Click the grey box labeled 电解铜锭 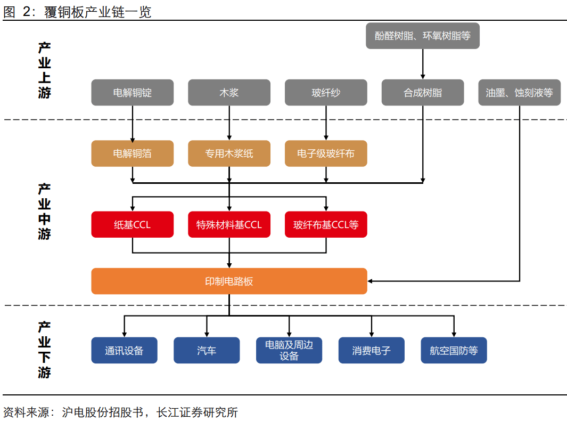[133, 93]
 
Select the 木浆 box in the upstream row [229, 93]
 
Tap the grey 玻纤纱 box [326, 93]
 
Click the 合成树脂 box [423, 93]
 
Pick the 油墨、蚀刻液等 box [519, 93]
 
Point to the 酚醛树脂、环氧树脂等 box [423, 36]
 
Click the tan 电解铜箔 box [133, 153]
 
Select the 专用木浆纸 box [229, 153]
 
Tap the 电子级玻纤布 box [326, 153]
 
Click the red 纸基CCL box [133, 224]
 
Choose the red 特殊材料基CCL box [229, 224]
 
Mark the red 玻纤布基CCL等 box [326, 224]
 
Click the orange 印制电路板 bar [229, 281]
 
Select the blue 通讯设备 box [124, 351]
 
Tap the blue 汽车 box [207, 351]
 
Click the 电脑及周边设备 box [289, 351]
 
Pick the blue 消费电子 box [371, 351]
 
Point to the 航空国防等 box [454, 351]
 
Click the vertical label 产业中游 [44, 211]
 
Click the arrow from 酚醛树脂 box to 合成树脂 [423, 64]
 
